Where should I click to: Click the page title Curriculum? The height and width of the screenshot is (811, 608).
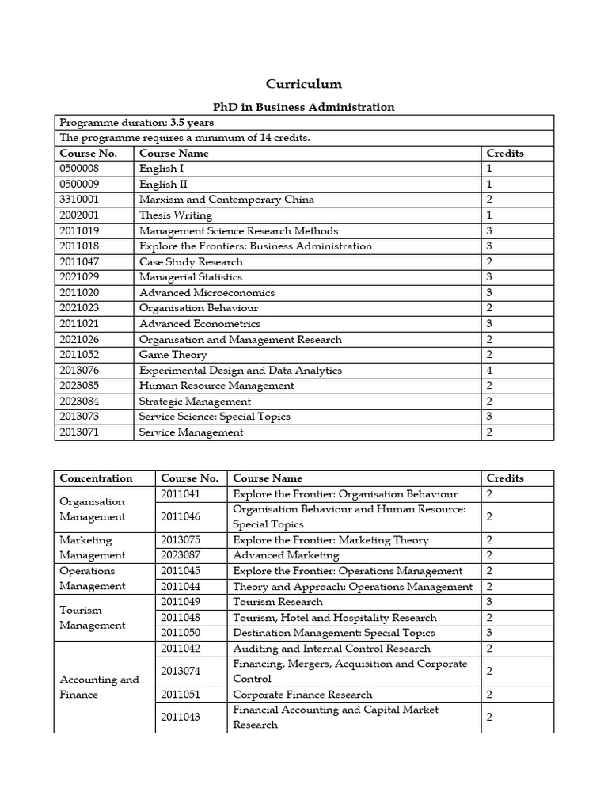click(x=304, y=84)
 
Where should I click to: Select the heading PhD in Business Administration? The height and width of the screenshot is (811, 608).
click(x=304, y=107)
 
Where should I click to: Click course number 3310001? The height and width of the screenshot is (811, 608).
click(x=82, y=200)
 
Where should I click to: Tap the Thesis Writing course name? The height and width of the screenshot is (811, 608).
click(x=176, y=215)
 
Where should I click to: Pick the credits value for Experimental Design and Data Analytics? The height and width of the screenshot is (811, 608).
click(x=489, y=370)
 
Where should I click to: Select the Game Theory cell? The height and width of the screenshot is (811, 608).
click(x=173, y=355)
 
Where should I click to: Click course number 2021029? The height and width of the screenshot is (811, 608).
click(x=82, y=277)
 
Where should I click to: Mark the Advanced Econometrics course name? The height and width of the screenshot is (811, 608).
click(x=199, y=324)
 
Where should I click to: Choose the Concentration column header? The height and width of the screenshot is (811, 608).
click(x=96, y=478)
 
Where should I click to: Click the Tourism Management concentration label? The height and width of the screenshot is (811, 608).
click(x=92, y=618)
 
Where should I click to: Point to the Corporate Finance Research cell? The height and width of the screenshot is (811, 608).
click(x=302, y=695)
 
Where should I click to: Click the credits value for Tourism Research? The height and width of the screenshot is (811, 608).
click(x=489, y=602)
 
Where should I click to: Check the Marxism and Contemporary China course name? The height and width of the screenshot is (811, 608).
click(x=226, y=200)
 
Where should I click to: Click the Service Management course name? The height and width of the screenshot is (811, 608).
click(x=191, y=432)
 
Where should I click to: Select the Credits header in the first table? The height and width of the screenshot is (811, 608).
click(x=504, y=154)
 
